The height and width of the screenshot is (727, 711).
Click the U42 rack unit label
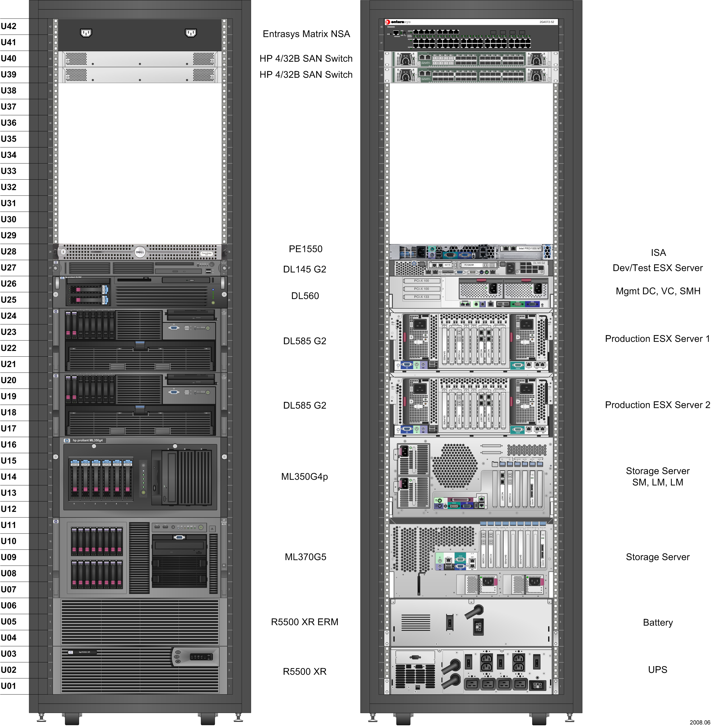tap(9, 26)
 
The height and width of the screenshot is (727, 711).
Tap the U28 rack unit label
tap(9, 252)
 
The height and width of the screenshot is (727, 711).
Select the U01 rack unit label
tap(9, 686)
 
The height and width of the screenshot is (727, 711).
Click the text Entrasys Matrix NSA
tap(306, 34)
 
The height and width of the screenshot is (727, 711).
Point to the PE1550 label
tap(305, 249)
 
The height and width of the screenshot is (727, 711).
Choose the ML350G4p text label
tap(304, 477)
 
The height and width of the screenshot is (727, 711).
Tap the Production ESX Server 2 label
tap(657, 405)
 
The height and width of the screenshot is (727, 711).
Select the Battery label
tap(657, 623)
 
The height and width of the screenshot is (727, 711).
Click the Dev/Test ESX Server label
tap(657, 268)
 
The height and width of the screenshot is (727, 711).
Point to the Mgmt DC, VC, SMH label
tap(657, 291)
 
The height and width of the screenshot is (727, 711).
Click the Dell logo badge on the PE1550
tap(140, 252)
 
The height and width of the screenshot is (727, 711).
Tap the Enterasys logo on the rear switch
tap(398, 22)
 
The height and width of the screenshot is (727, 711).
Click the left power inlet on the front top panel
tap(86, 33)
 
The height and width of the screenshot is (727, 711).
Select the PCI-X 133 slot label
tap(421, 297)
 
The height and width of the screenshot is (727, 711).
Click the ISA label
tap(658, 253)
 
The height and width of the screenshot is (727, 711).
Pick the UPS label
tap(657, 670)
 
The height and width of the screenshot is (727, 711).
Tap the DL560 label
tap(305, 296)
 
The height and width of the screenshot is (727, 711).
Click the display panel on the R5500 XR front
tap(201, 657)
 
